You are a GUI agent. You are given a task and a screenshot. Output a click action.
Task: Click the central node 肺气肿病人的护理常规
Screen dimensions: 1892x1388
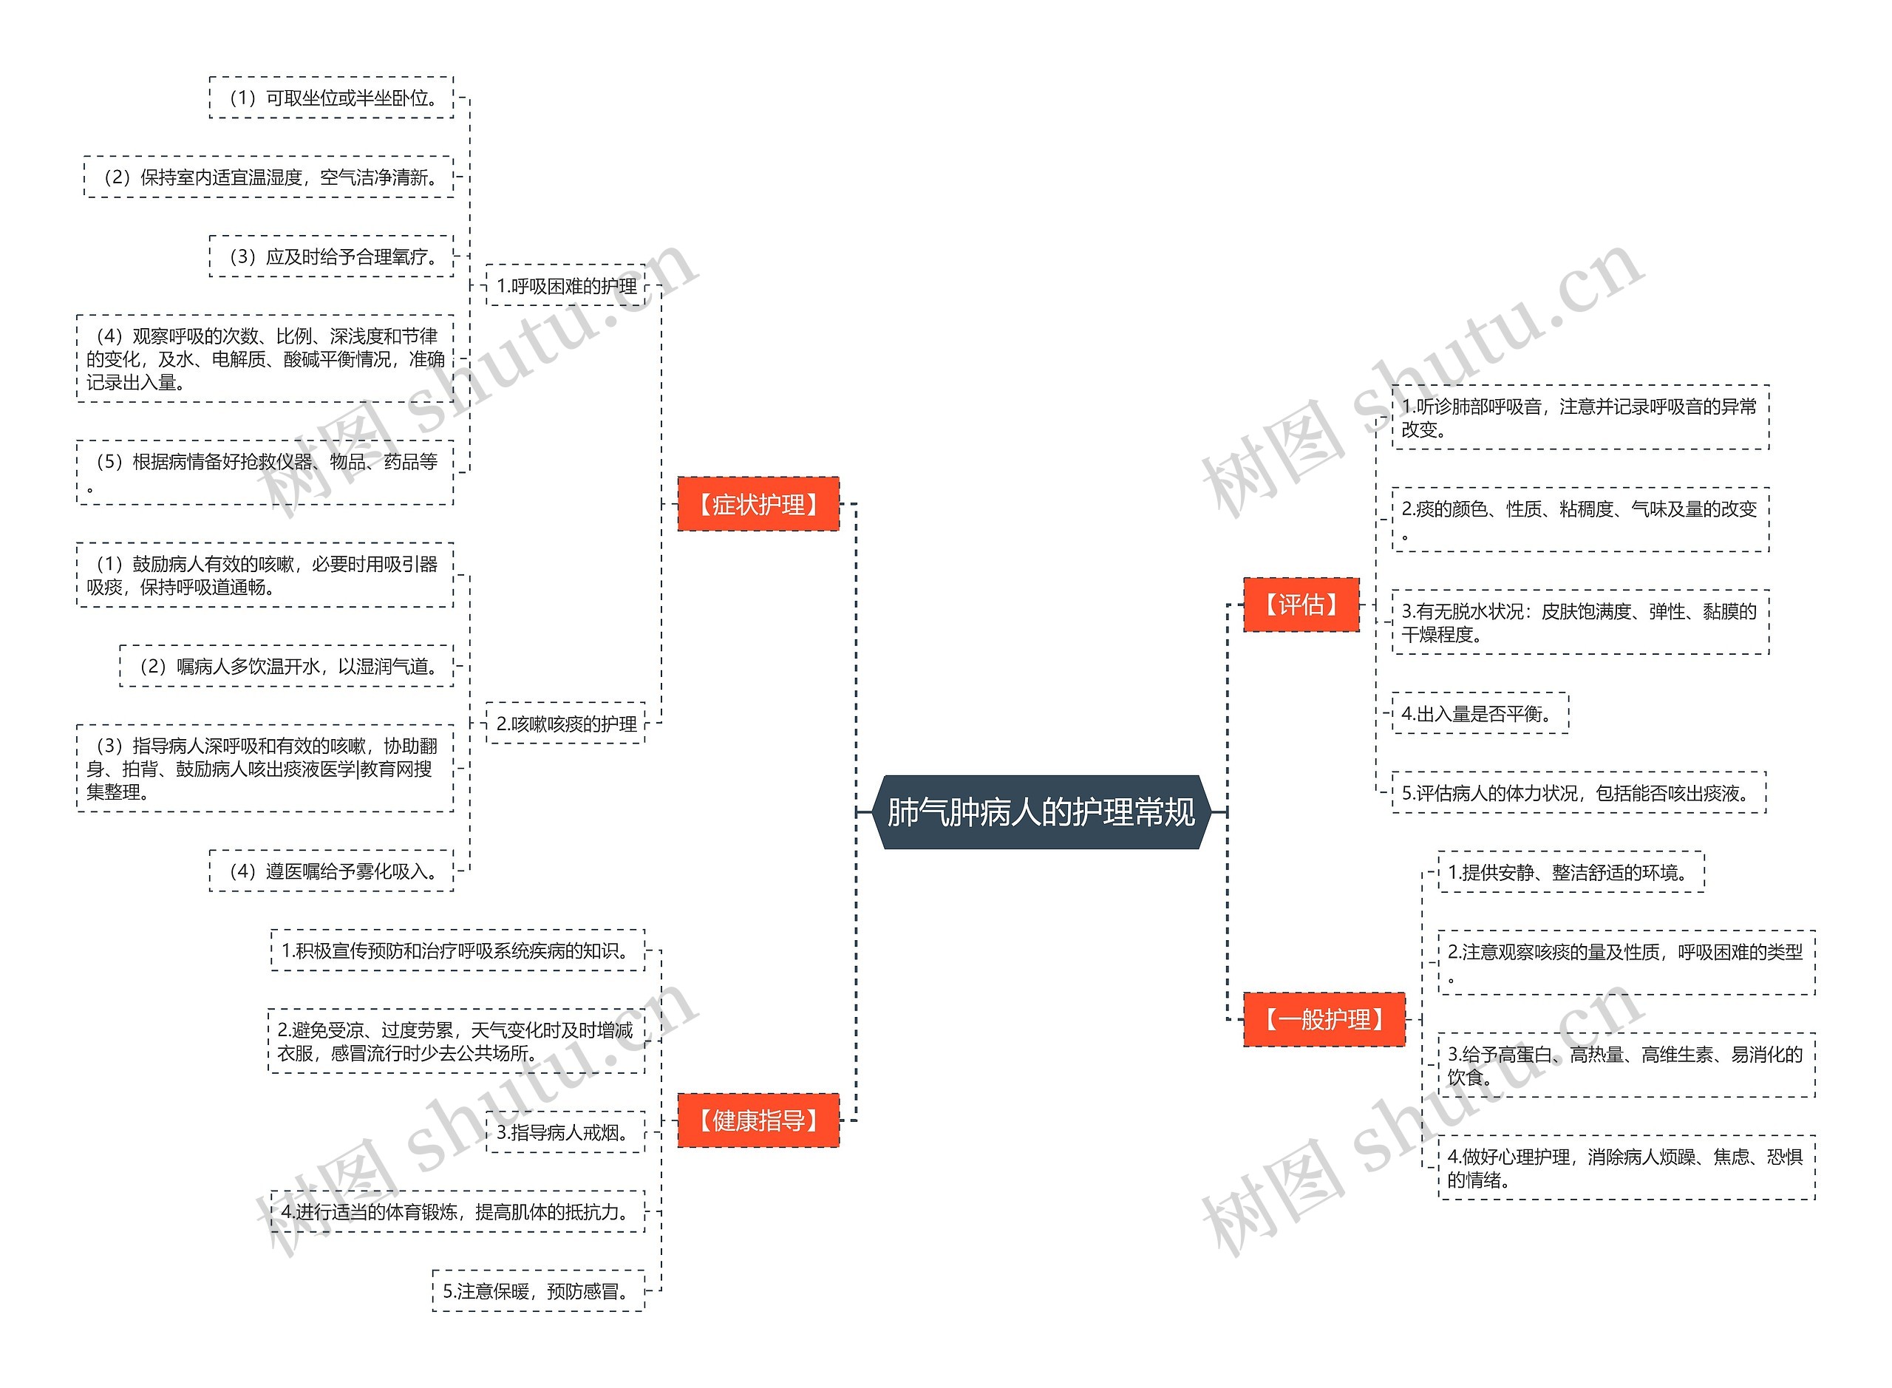pos(1041,812)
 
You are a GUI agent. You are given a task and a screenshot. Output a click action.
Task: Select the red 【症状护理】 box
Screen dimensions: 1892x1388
pos(758,504)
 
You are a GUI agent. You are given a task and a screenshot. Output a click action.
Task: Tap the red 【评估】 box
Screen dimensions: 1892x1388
pos(1301,604)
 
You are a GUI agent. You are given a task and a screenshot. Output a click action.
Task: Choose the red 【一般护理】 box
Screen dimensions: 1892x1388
pos(1323,1019)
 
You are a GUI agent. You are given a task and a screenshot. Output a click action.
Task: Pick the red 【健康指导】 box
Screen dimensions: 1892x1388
pos(758,1120)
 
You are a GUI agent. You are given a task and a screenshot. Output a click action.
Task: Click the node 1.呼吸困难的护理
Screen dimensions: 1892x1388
pos(566,286)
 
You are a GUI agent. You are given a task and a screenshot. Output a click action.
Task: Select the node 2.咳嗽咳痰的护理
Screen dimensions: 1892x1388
pos(566,724)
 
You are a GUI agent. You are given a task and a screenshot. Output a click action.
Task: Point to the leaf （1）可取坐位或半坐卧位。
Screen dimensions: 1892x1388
pos(332,98)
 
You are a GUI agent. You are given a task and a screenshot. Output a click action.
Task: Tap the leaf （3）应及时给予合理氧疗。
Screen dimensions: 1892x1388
pos(332,256)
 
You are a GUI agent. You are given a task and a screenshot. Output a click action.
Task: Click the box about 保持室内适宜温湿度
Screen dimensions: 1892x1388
pos(269,177)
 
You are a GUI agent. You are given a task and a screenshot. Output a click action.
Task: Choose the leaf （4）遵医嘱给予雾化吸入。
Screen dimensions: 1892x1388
pos(332,871)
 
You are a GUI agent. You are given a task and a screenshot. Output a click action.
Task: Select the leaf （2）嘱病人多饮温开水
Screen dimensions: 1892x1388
pos(287,666)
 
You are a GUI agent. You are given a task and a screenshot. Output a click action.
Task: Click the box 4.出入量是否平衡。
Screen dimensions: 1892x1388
pos(1480,713)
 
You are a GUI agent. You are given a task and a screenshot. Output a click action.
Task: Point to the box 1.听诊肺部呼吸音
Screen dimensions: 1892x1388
pos(1580,418)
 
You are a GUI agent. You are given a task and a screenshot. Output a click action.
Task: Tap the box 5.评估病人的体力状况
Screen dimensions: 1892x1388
pos(1579,792)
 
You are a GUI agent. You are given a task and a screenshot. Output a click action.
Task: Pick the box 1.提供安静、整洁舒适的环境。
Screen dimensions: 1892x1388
pos(1571,872)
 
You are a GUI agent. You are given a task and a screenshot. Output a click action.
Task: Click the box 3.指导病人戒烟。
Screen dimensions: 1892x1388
pos(565,1132)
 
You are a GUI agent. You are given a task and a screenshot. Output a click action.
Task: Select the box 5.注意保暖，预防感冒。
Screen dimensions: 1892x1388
pos(539,1290)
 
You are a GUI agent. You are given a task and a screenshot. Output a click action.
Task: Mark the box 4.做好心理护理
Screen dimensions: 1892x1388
pos(1627,1168)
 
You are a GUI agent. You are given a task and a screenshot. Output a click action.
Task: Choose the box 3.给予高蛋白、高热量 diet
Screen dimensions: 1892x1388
pos(1627,1065)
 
